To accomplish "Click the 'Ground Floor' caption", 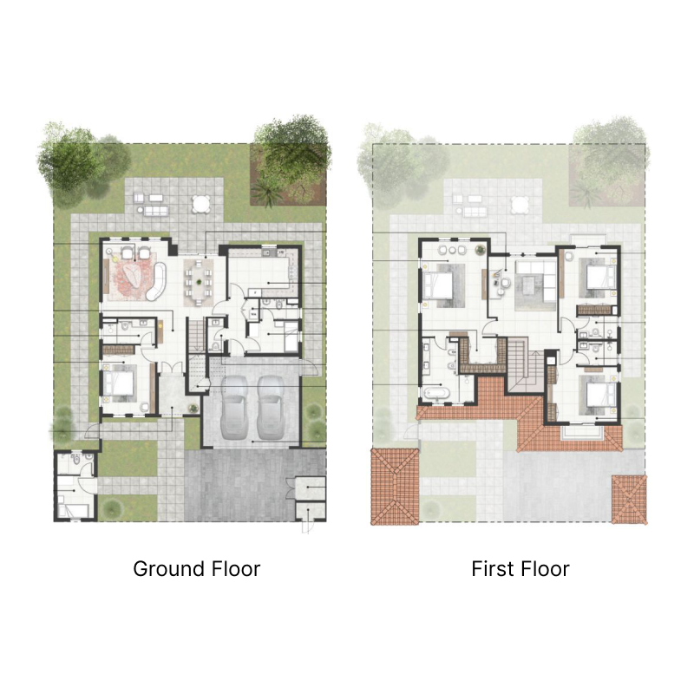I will pyautogui.click(x=196, y=569).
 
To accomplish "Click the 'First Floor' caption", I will pyautogui.click(x=520, y=569).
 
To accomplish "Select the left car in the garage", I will pyautogui.click(x=235, y=408).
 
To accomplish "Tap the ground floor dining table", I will pyautogui.click(x=200, y=283).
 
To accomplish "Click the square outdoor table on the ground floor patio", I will pyautogui.click(x=200, y=204).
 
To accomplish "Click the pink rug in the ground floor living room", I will pyautogui.click(x=132, y=272).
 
